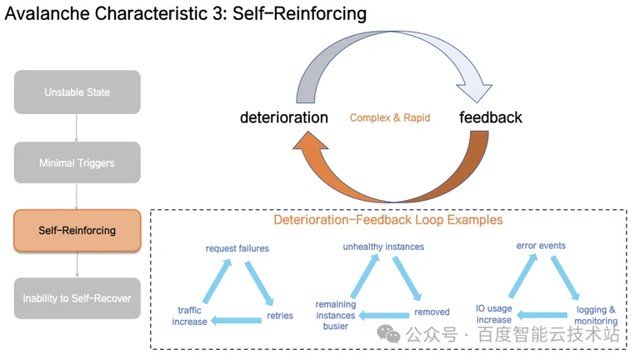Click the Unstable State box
tap(77, 92)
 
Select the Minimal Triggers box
tap(77, 163)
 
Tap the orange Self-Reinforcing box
tap(77, 230)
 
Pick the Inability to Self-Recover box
tap(77, 297)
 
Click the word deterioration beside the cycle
tap(283, 117)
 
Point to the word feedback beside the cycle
tap(491, 117)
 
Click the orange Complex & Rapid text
tap(390, 118)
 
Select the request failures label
tap(237, 248)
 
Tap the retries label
tap(279, 317)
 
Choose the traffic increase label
tap(189, 316)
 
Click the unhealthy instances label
tap(383, 247)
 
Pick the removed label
tap(432, 312)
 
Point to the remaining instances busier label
tap(335, 315)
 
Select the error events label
tap(541, 246)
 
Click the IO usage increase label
tap(493, 314)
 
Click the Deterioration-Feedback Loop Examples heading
tap(388, 220)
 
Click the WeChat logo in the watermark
tap(388, 334)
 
